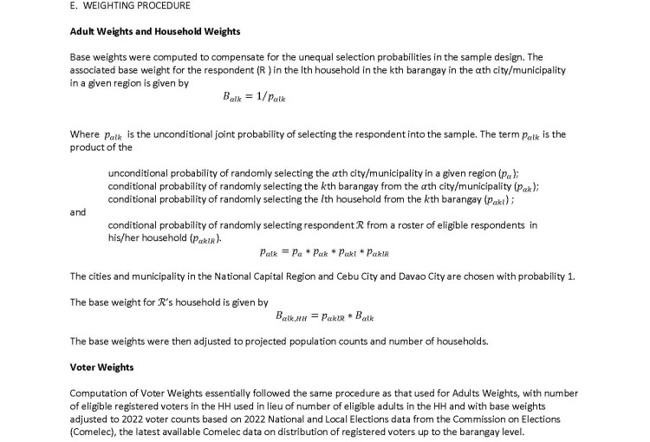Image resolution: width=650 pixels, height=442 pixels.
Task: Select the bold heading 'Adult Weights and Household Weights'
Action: click(154, 32)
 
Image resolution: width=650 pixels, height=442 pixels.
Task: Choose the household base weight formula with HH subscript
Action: click(324, 316)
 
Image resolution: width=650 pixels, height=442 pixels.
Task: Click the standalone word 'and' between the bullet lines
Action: click(78, 211)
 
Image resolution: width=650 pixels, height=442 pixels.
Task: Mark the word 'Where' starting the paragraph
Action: click(84, 134)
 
